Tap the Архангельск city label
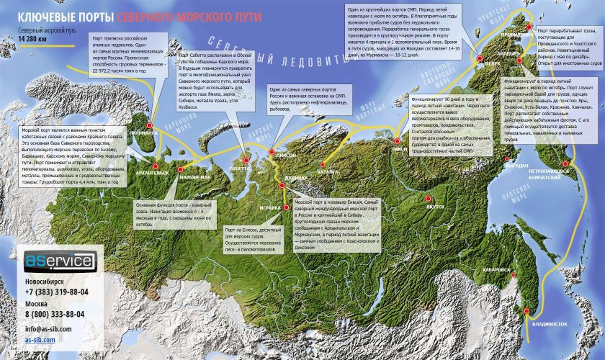click(148, 173)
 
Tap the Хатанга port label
click(327, 172)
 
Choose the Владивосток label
click(547, 324)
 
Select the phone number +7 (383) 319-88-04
click(57, 292)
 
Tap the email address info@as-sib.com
click(50, 328)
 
